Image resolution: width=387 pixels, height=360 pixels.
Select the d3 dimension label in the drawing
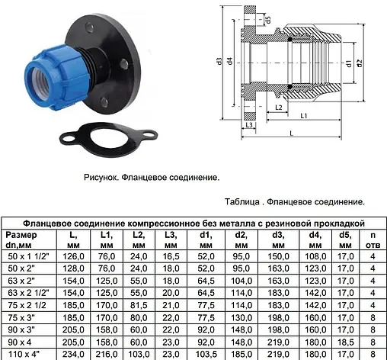(x=218, y=61)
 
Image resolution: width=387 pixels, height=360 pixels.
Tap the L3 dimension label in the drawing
(x=248, y=124)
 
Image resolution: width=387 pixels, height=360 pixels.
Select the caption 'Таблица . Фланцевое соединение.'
(x=295, y=202)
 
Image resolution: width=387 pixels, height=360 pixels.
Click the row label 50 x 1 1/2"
(x=26, y=258)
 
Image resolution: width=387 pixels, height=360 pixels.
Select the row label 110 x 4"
(x=26, y=354)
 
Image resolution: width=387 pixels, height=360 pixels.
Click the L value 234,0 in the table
(x=73, y=354)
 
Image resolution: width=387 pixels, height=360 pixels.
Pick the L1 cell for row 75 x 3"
(x=107, y=317)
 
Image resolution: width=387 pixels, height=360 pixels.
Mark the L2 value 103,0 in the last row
(x=139, y=354)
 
